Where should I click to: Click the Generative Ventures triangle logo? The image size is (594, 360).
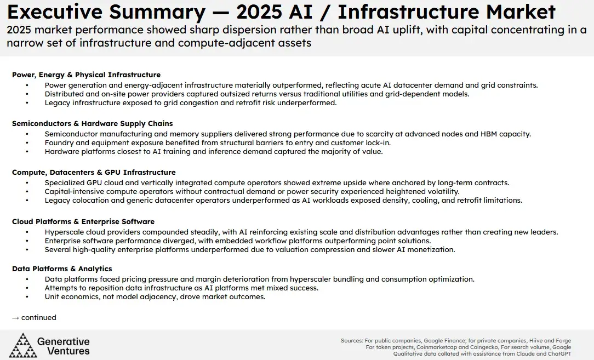(23, 345)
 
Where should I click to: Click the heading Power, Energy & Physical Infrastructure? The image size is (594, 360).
(86, 75)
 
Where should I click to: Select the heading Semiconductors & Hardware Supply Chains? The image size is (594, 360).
(92, 123)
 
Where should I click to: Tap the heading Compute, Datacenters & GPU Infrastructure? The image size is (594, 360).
(94, 172)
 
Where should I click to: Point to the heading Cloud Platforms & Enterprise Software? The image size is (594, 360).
(83, 221)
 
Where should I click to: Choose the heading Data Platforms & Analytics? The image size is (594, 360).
(62, 268)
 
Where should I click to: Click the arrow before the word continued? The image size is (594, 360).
(16, 317)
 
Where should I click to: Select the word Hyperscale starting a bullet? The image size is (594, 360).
(65, 232)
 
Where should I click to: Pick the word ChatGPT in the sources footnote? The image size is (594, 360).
(557, 354)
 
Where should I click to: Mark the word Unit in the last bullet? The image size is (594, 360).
(53, 296)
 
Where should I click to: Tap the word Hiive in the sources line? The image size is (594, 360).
(530, 341)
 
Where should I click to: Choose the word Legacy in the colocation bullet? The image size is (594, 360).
(57, 200)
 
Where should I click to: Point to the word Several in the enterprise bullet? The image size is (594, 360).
(58, 249)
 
